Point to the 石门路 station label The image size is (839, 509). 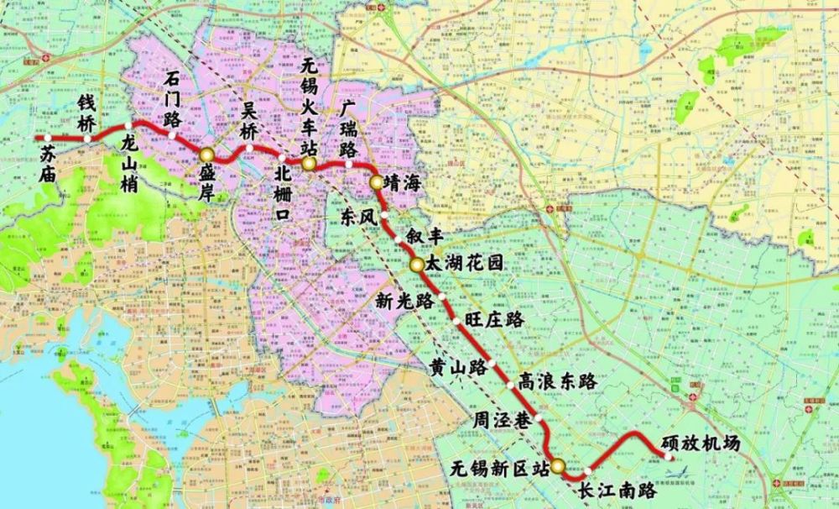point(174,97)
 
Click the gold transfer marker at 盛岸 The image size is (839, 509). point(207,155)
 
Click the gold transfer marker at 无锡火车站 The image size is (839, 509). point(310,164)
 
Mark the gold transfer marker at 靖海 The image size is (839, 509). point(376,181)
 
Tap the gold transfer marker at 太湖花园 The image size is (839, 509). point(417,265)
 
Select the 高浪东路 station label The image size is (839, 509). point(559,380)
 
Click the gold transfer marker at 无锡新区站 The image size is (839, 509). point(557,464)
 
